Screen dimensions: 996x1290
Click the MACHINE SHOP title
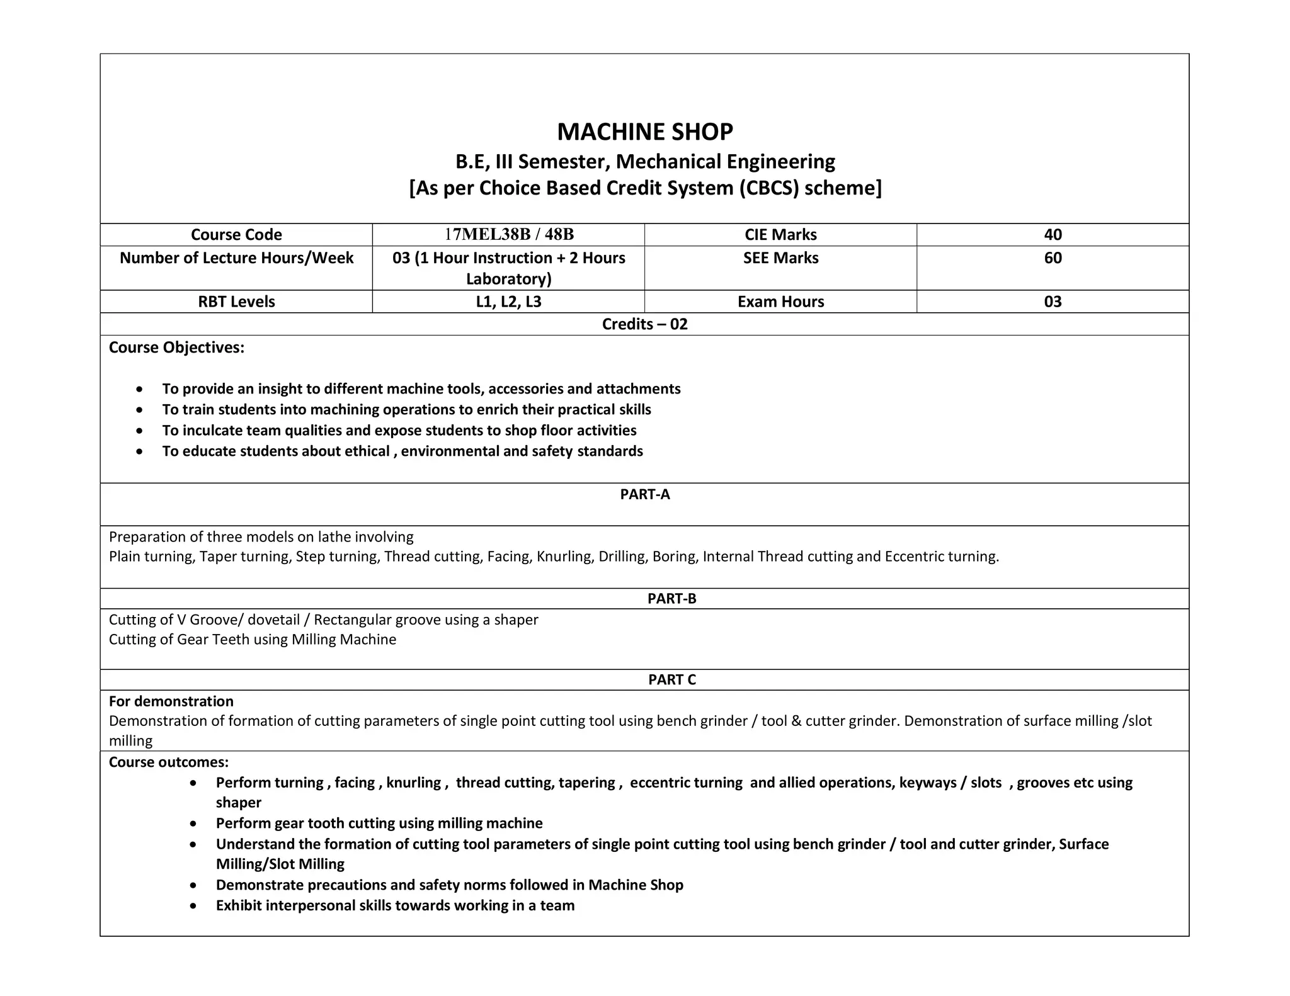pyautogui.click(x=644, y=132)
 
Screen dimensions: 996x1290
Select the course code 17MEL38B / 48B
pyautogui.click(x=508, y=235)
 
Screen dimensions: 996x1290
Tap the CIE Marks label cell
pyautogui.click(x=780, y=235)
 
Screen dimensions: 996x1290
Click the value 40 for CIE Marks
pyautogui.click(x=1052, y=235)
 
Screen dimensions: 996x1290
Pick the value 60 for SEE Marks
pyautogui.click(x=1052, y=258)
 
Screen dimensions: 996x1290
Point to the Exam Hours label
pyautogui.click(x=780, y=302)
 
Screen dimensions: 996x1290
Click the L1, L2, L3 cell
pyautogui.click(x=508, y=302)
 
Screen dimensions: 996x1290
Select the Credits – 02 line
pyautogui.click(x=644, y=324)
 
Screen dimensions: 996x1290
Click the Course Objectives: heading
pyautogui.click(x=176, y=348)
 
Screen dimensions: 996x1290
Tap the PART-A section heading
pyautogui.click(x=644, y=494)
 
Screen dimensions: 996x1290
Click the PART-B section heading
pyautogui.click(x=671, y=599)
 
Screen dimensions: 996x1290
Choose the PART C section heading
pyautogui.click(x=671, y=680)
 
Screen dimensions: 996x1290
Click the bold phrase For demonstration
pyautogui.click(x=171, y=701)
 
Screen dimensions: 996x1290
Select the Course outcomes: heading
pyautogui.click(x=168, y=762)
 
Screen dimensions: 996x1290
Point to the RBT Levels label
pyautogui.click(x=236, y=302)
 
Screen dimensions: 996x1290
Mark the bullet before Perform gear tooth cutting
pyautogui.click(x=193, y=824)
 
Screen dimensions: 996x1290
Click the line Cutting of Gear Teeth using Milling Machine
pyautogui.click(x=252, y=640)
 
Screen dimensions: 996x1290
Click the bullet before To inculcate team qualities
pyautogui.click(x=139, y=431)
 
